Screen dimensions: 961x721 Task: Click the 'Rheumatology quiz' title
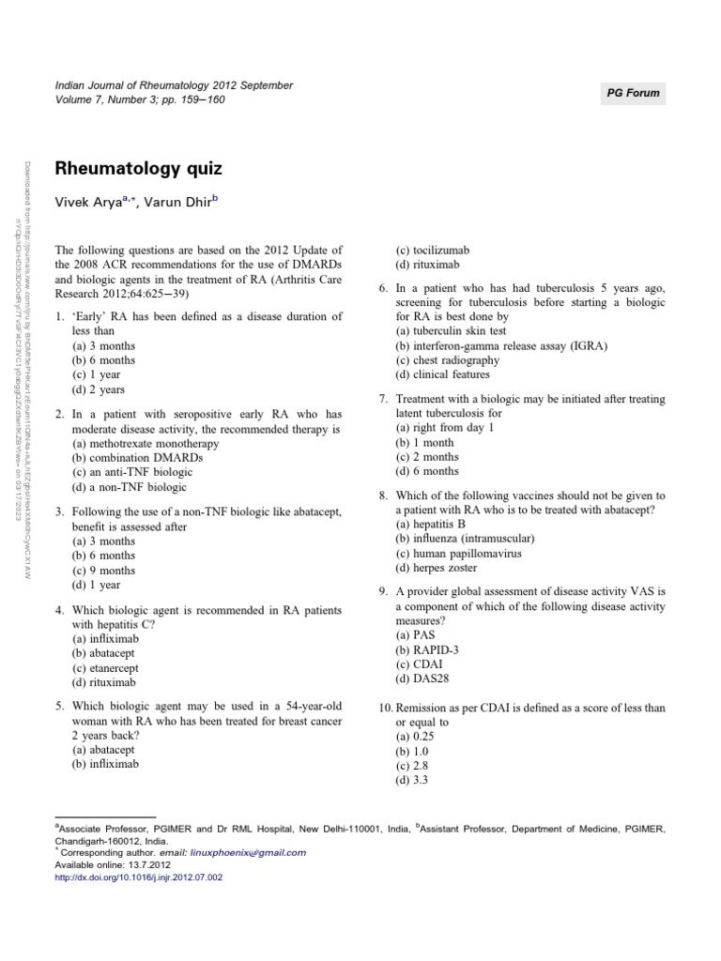pos(139,169)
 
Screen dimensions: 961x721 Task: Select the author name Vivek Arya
pos(91,203)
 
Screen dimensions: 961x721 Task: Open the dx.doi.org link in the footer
pos(140,877)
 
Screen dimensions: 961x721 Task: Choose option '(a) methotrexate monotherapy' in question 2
pos(146,443)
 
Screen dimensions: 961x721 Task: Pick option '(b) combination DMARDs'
pos(136,458)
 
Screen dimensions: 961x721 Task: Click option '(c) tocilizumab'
pos(433,251)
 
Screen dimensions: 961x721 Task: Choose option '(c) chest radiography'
pos(448,360)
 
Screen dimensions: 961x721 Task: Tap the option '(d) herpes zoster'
pos(441,568)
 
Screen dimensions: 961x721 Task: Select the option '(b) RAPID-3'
pos(427,649)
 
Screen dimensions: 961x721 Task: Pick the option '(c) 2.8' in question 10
pos(414,765)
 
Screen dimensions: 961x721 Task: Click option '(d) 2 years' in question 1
pos(99,389)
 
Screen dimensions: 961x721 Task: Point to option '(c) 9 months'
pos(104,570)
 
